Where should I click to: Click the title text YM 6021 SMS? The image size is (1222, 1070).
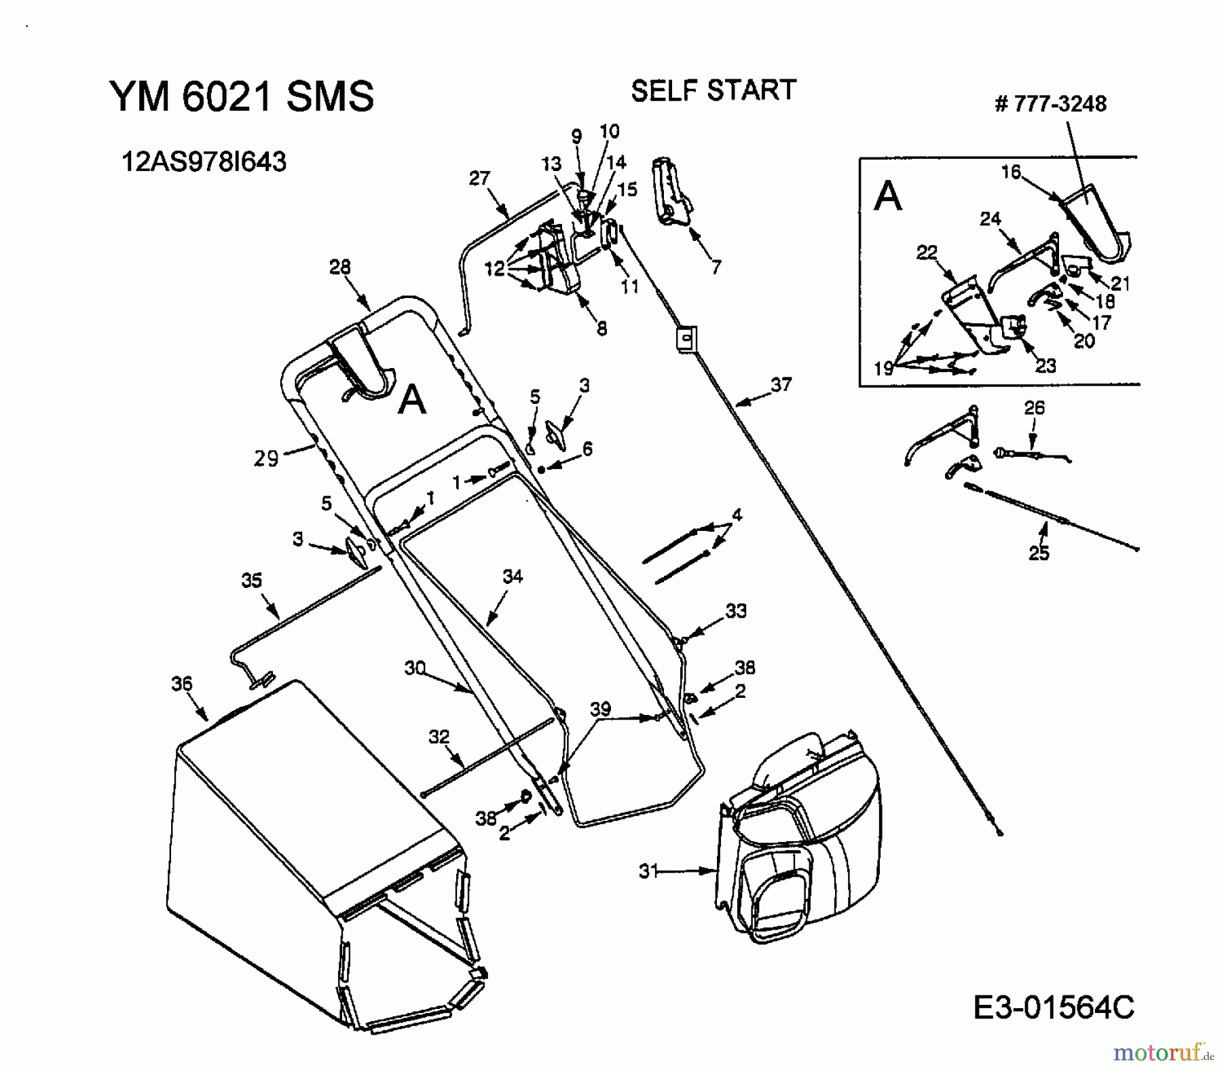tap(242, 96)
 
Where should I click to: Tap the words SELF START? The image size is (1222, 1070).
tap(713, 90)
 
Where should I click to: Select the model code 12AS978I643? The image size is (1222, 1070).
tap(204, 162)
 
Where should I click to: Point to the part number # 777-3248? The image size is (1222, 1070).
tap(1050, 104)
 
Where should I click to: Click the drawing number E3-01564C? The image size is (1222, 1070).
tap(1053, 1008)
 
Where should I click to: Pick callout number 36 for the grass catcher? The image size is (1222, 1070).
tap(182, 684)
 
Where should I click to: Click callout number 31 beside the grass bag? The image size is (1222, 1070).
tap(648, 871)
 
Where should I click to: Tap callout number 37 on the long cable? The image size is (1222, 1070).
tap(781, 385)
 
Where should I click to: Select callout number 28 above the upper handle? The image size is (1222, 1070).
tap(340, 267)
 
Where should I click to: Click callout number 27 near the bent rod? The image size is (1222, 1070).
tap(479, 179)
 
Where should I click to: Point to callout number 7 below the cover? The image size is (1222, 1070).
tap(716, 267)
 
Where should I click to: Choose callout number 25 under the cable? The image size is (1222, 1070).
tap(1039, 553)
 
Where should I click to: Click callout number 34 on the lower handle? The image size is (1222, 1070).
tap(513, 576)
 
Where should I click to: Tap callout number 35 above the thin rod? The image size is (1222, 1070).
tap(252, 580)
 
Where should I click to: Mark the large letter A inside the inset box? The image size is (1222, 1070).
tap(888, 197)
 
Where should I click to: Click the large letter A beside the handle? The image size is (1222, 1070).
tap(411, 400)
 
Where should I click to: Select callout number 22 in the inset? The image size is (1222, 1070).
tap(927, 253)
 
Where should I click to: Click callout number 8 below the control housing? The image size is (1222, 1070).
tap(601, 329)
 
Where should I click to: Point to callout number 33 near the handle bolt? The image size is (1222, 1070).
tap(736, 611)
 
